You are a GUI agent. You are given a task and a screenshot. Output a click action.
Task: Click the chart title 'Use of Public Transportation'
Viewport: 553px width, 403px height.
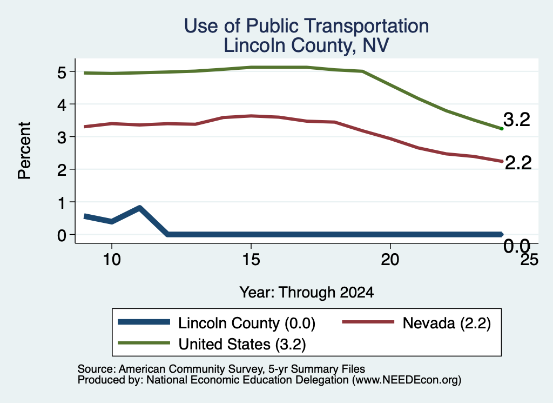307,26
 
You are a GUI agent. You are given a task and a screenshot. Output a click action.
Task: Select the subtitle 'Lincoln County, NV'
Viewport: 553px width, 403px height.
307,45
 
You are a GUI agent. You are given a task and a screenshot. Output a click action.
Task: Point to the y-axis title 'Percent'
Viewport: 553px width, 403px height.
24,150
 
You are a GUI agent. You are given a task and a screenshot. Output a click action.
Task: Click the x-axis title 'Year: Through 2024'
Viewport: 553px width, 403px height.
307,292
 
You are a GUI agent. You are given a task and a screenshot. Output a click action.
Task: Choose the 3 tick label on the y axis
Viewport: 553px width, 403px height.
62,137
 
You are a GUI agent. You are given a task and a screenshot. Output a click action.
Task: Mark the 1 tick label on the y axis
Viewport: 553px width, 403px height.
62,202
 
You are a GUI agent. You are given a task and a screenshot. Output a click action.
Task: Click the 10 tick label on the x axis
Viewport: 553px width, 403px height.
112,260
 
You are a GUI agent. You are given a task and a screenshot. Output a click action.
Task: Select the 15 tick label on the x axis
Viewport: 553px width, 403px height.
251,260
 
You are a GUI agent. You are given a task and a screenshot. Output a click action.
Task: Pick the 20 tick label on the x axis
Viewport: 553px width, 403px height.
390,260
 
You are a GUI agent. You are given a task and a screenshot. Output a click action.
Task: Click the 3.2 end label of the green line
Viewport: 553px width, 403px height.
517,120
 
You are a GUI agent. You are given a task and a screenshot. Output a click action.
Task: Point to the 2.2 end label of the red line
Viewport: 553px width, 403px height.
518,163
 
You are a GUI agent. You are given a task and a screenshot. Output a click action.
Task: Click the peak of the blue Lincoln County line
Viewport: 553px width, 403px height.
140,208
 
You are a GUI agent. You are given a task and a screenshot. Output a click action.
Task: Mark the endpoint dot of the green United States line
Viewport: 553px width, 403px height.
502,129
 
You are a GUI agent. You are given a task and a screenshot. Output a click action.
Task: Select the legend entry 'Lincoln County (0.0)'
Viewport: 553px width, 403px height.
216,323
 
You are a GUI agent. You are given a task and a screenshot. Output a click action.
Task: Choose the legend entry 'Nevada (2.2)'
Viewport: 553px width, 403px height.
416,323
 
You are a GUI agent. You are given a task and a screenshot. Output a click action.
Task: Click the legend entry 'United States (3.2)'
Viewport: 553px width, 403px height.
212,344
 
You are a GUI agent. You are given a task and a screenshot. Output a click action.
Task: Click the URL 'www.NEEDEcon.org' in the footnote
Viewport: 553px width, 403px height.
407,380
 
